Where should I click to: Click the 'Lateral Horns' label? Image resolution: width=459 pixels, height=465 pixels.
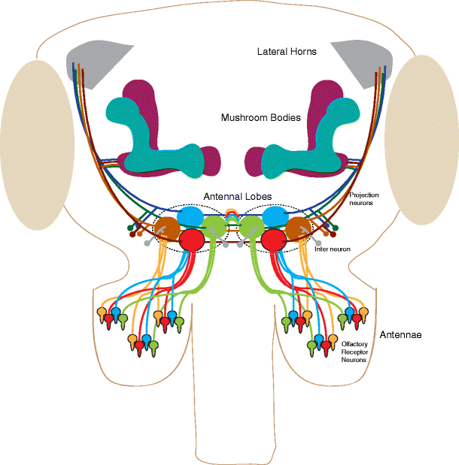click(x=287, y=52)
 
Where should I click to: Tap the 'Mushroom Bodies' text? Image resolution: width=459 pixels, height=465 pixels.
click(x=260, y=118)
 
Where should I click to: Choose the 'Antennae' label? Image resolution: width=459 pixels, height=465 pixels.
click(x=399, y=334)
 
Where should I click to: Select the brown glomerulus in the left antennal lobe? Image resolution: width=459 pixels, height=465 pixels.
click(x=166, y=228)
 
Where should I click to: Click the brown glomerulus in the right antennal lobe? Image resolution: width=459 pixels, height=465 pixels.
click(x=298, y=228)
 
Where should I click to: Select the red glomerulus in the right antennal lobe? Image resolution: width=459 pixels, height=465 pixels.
click(x=272, y=240)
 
